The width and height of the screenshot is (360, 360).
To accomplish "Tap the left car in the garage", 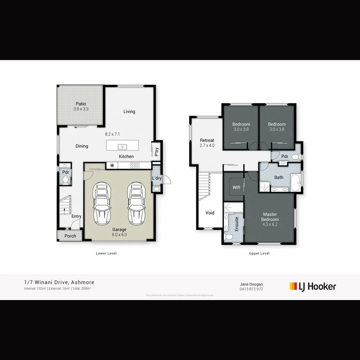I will point(102,204).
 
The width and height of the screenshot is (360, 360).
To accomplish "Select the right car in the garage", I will point(136,204).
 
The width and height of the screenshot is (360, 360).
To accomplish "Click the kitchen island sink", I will point(122,146).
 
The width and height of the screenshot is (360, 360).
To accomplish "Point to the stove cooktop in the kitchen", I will point(135,165).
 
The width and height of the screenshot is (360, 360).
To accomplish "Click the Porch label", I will point(70,236).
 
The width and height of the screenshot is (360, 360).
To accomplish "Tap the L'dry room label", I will point(156,178).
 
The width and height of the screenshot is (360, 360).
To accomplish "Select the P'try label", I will point(156,152).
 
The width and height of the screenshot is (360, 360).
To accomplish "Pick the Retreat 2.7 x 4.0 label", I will point(207,143).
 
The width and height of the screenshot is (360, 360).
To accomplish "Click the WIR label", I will point(236,187).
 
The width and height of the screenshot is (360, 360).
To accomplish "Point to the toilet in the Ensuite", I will point(229,237).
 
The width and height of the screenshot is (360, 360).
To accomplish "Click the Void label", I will point(210,213).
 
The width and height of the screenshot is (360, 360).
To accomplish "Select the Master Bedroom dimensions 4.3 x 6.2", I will point(270,225).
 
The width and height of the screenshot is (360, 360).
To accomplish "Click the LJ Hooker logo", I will point(312,286).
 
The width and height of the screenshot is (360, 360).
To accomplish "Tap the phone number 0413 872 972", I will point(251,289).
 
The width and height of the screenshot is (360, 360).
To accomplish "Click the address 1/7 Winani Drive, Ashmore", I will point(59,282).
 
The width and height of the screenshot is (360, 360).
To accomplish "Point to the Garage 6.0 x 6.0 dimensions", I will point(119,235).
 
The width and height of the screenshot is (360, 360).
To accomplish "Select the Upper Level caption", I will point(259,253).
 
